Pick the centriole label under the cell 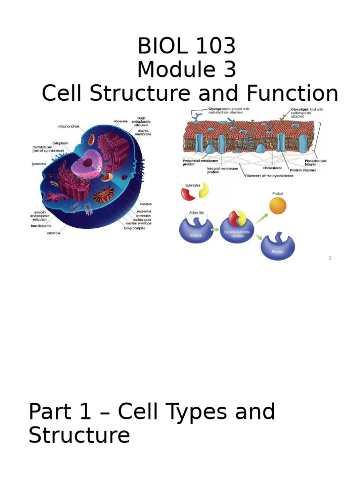[53, 233]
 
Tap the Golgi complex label [135, 228]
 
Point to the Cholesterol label [272, 168]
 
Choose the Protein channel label [302, 170]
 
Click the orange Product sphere [277, 205]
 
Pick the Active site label [196, 212]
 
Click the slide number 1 [330, 258]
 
